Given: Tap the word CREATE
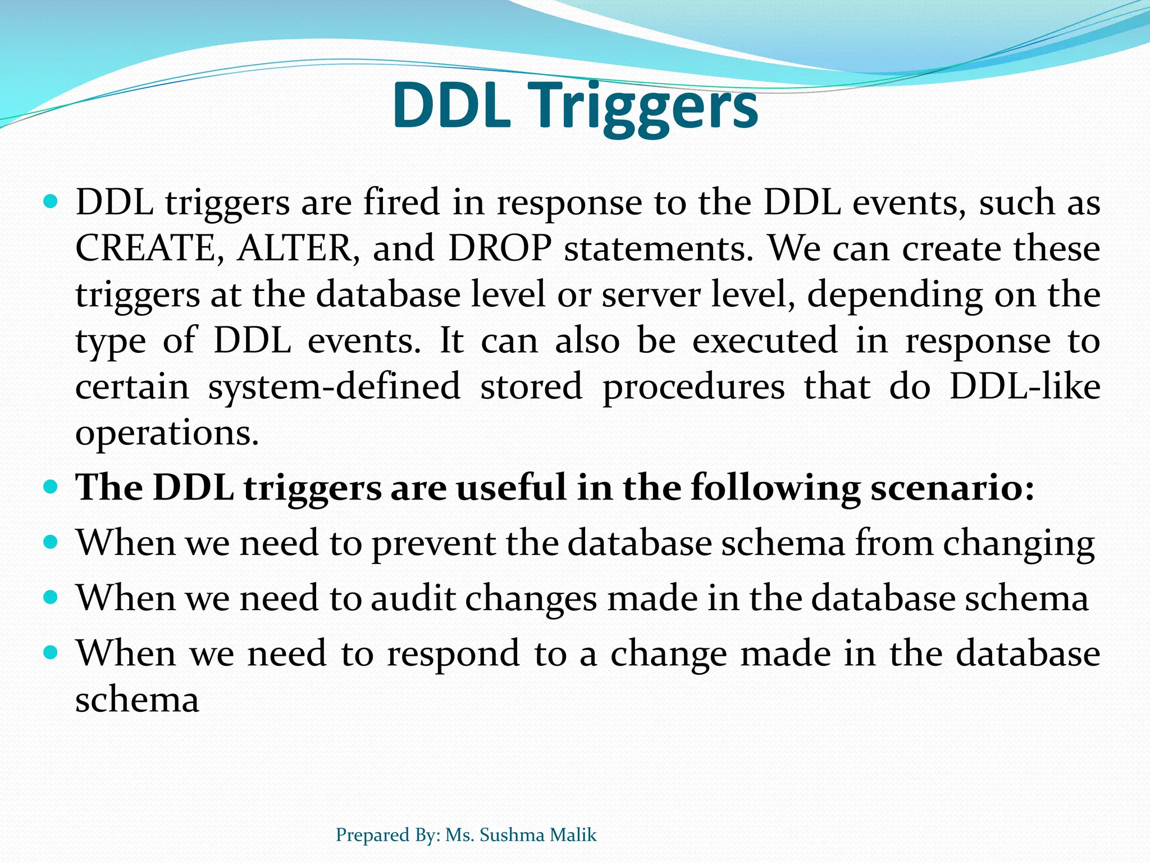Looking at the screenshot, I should point(145,248).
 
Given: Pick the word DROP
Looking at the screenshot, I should point(500,248).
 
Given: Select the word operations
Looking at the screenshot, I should point(167,434).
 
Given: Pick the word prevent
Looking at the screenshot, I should point(433,544).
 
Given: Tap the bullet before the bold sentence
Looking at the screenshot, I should point(51,486).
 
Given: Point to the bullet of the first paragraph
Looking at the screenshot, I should point(51,201).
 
